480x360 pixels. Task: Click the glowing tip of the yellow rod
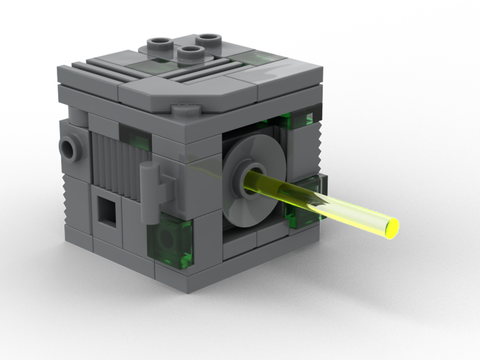[x=392, y=228]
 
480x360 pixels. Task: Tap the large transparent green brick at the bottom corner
[x=171, y=240]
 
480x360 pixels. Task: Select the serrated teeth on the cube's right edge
[x=317, y=139]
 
